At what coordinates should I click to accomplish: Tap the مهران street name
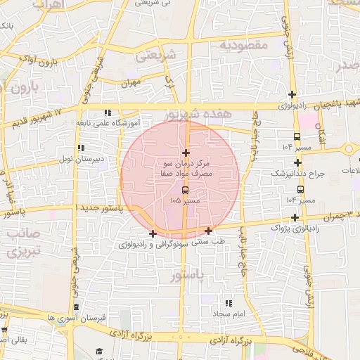[x=130, y=83]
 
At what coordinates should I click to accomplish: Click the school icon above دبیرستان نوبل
[x=82, y=148]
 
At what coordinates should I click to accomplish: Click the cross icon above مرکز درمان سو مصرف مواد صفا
[x=186, y=153]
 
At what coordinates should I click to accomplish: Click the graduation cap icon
[x=99, y=352]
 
